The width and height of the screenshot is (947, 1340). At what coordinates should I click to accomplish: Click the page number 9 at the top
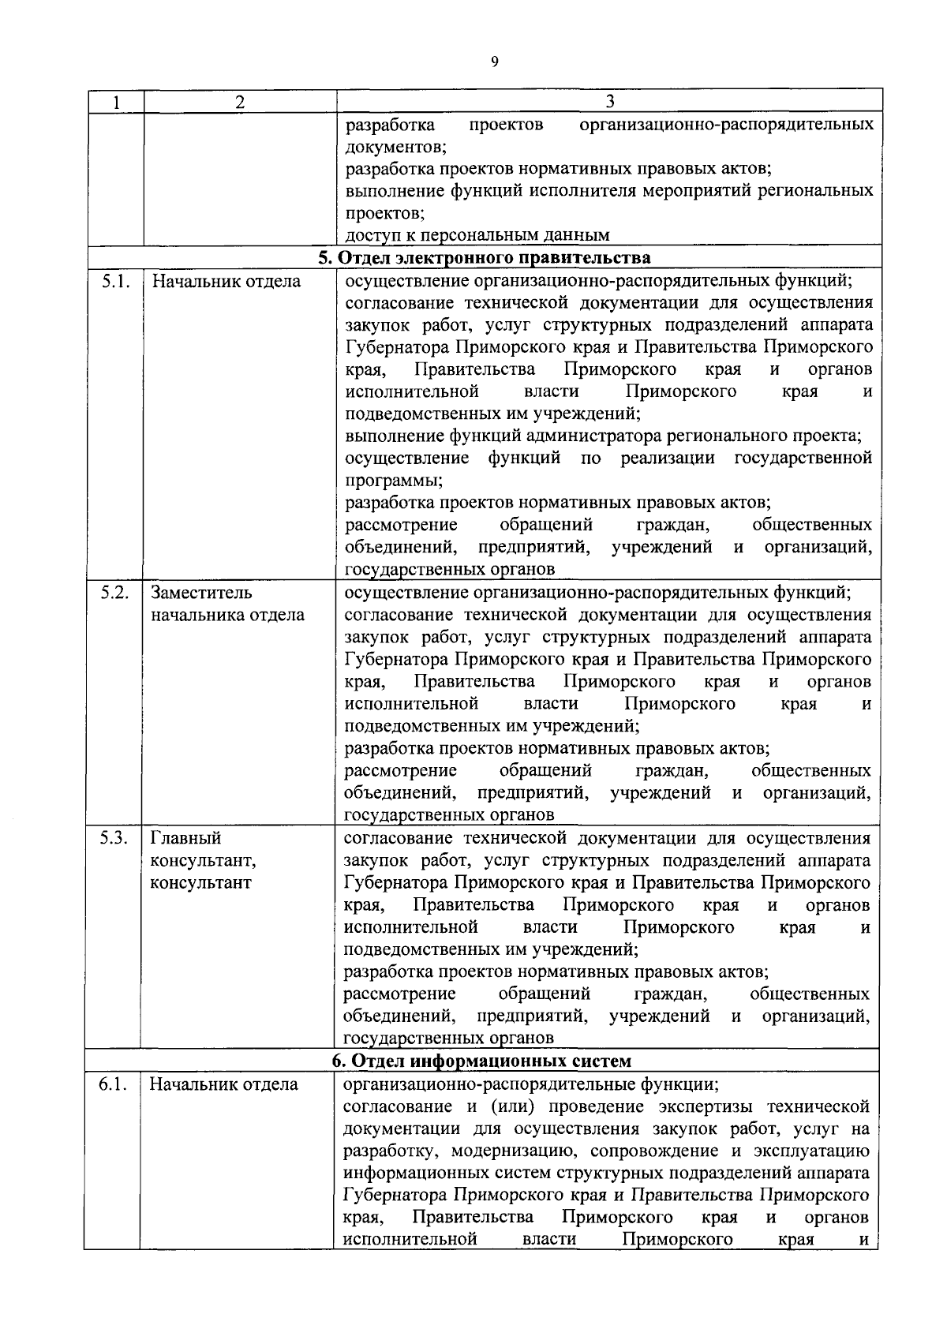[x=495, y=62]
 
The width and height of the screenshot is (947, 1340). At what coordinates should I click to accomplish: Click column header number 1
[x=115, y=102]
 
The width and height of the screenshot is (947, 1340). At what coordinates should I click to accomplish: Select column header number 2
[x=240, y=102]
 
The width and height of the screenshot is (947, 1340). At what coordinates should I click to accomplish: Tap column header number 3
[x=609, y=101]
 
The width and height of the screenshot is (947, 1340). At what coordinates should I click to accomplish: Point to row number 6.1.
[x=114, y=1084]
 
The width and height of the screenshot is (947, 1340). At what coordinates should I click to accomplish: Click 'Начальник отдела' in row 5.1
[x=226, y=282]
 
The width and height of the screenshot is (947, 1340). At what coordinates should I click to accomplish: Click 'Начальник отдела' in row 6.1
[x=224, y=1084]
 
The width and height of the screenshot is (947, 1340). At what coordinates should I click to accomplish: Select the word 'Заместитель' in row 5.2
[x=202, y=593]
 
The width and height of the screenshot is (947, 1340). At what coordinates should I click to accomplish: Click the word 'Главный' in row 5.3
[x=186, y=838]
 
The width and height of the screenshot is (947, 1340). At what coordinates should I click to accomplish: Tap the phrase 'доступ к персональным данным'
[x=477, y=235]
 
